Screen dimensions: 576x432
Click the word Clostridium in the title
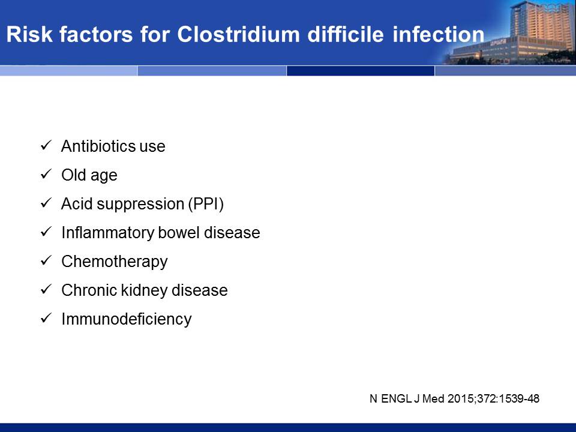point(238,34)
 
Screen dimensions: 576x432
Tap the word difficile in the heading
point(346,34)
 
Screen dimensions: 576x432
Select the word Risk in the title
point(29,34)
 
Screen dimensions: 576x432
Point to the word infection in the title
point(438,34)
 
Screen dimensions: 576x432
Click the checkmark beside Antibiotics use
point(46,145)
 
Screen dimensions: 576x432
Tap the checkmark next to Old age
point(46,174)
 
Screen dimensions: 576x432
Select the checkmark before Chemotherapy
point(46,260)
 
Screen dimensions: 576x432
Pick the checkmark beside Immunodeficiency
point(46,318)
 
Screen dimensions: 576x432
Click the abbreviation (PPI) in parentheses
point(206,204)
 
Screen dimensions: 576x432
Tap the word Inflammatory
point(107,233)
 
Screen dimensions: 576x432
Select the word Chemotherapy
point(115,262)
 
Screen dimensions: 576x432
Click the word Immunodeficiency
point(127,319)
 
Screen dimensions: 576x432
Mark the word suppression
point(140,205)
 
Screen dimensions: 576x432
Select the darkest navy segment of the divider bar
point(361,71)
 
